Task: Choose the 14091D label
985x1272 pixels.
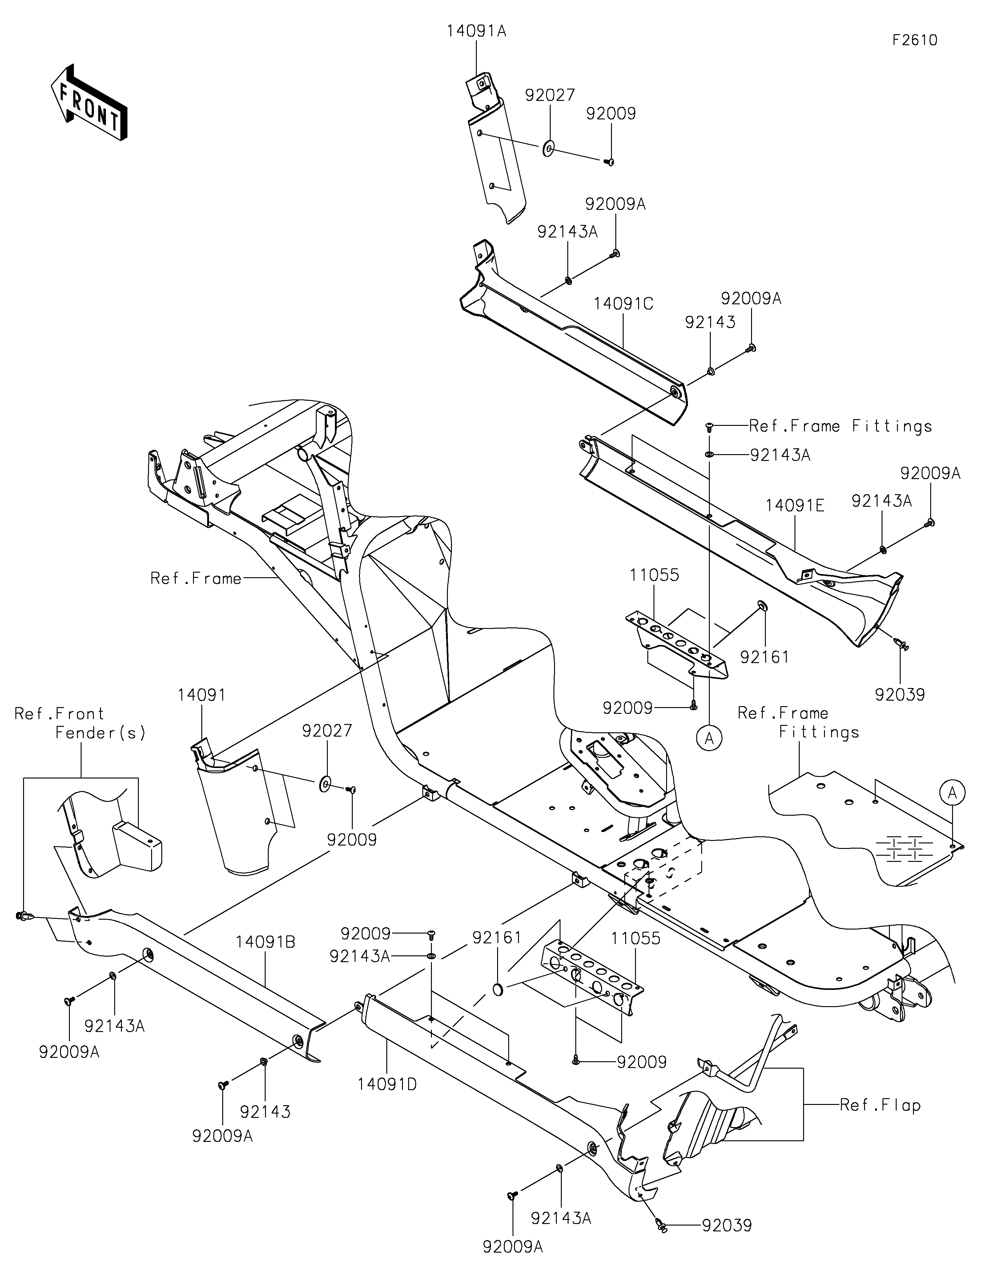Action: (387, 1084)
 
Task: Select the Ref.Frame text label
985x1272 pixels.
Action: (196, 578)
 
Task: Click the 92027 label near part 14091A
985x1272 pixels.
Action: (550, 95)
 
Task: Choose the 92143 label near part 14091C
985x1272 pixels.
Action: (710, 322)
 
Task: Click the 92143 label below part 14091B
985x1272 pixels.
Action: (265, 1112)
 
